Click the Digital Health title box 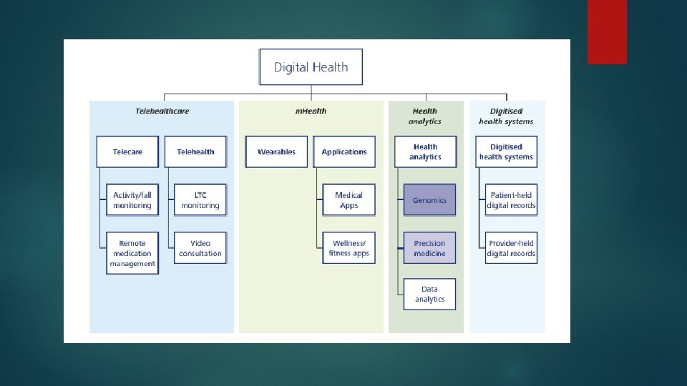(x=311, y=67)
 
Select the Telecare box (x=127, y=152)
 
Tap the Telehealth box (x=195, y=152)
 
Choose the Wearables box (x=276, y=152)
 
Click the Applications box (x=344, y=152)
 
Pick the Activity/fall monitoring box (x=132, y=200)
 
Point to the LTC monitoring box (x=200, y=200)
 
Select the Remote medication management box (x=132, y=253)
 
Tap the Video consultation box (x=200, y=248)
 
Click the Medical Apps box (x=349, y=200)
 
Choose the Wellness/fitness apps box (x=349, y=248)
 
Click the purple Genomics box (x=429, y=200)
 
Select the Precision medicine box (x=429, y=248)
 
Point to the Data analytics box (x=429, y=294)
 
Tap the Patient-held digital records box (x=511, y=200)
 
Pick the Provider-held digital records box (x=511, y=248)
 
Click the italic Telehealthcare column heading (x=162, y=111)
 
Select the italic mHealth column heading (x=311, y=111)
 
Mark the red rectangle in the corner (x=607, y=31)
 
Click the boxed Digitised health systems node (x=506, y=152)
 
